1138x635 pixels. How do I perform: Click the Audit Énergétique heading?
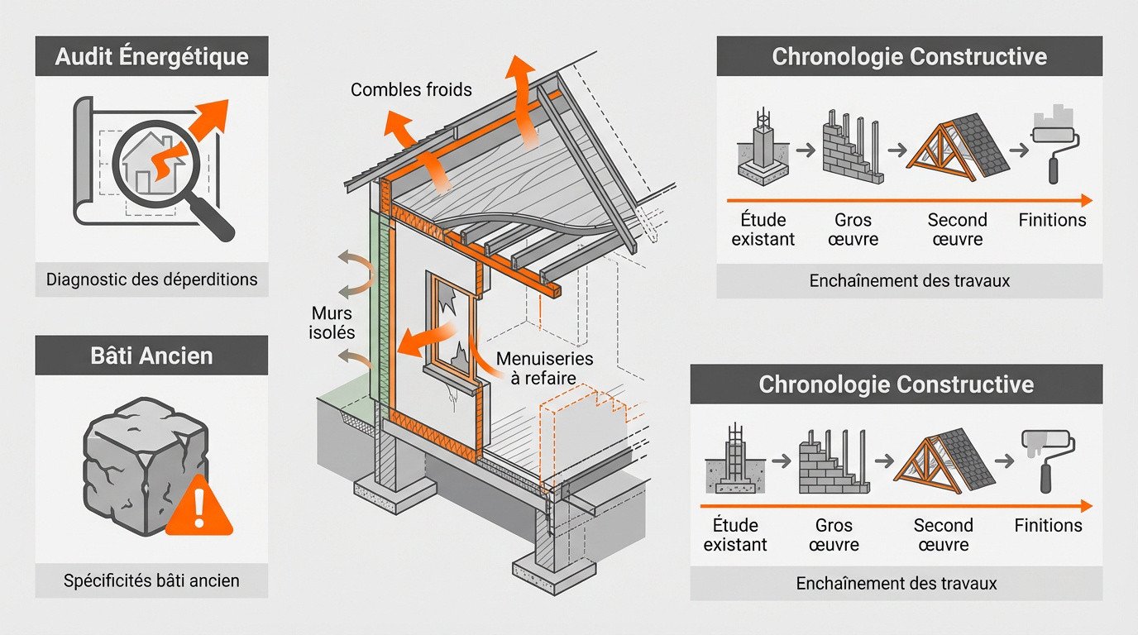tap(151, 57)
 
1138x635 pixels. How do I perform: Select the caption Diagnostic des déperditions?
tap(151, 279)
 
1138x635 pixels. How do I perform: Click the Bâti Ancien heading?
tap(151, 356)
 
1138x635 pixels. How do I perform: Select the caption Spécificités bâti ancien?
tap(151, 580)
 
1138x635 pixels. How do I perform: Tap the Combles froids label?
tap(411, 89)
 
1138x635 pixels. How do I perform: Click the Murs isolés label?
tap(333, 323)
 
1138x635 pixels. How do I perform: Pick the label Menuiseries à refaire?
tap(546, 368)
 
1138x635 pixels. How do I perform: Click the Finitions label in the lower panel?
tap(1048, 525)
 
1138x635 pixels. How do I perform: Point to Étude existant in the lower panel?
tap(735, 535)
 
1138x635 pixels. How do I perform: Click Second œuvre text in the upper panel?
tap(957, 230)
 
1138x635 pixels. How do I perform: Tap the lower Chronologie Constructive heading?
tap(896, 384)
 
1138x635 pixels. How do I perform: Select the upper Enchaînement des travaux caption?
tap(908, 280)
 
